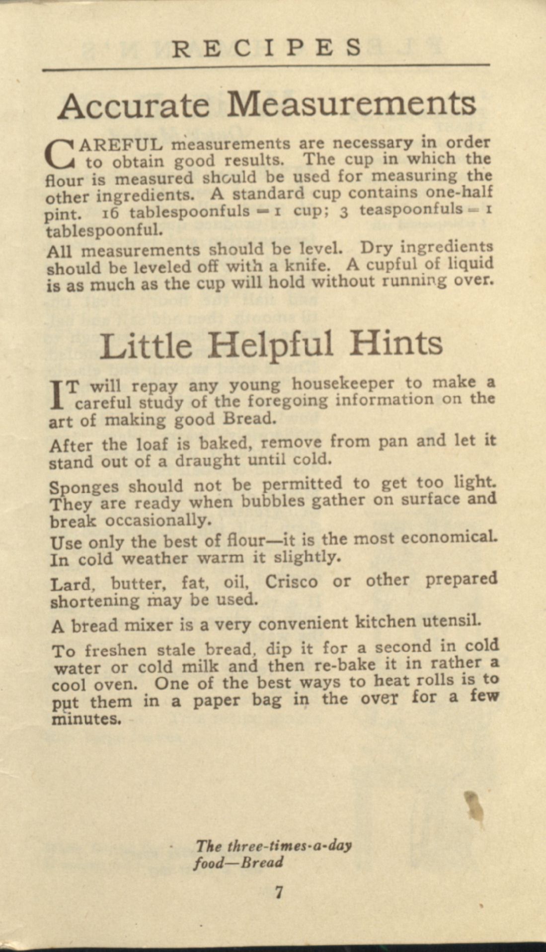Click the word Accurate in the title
(x=133, y=105)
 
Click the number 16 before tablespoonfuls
(x=110, y=213)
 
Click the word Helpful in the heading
(x=270, y=344)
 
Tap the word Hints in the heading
(x=395, y=343)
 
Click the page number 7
(x=279, y=892)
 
